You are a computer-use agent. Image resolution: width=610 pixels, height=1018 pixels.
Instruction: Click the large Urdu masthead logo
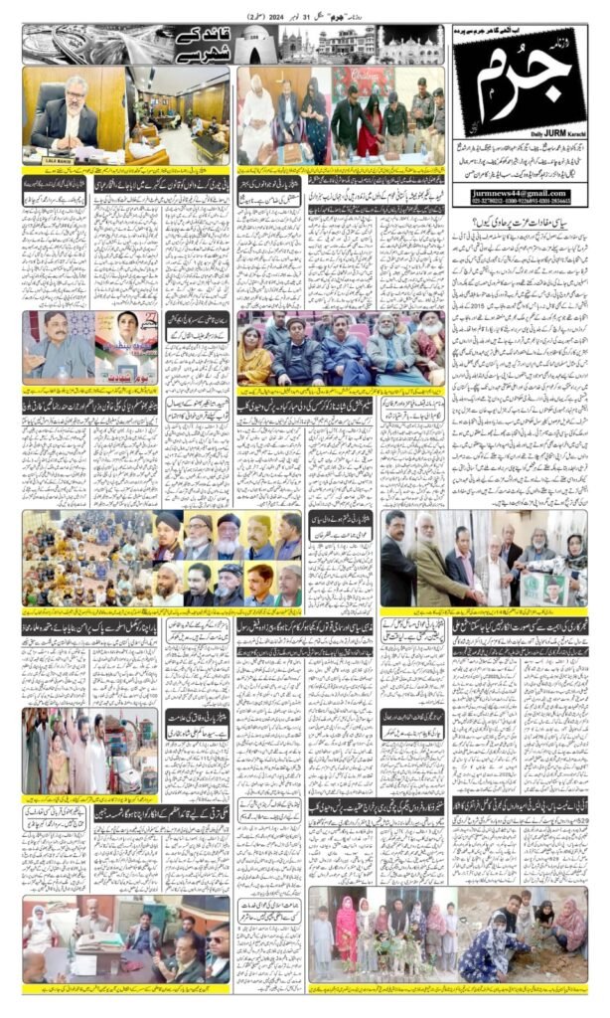click(517, 85)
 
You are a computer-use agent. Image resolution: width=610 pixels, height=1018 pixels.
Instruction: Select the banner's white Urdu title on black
click(204, 44)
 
